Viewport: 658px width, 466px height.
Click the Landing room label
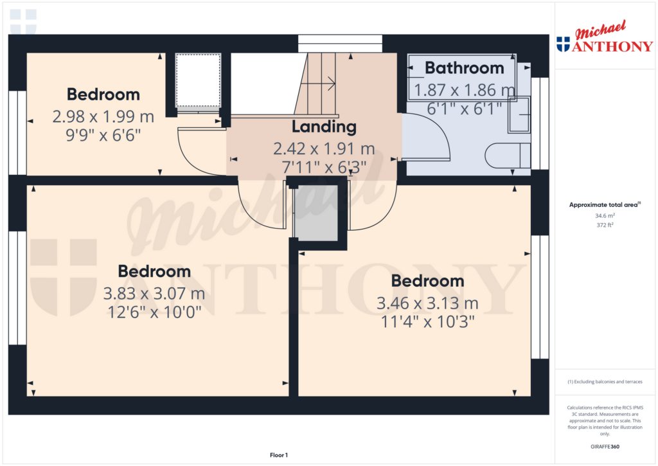click(324, 127)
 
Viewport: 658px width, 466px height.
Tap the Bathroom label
click(465, 68)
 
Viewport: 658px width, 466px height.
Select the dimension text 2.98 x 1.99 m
click(103, 117)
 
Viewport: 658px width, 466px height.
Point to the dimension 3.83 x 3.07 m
click(154, 294)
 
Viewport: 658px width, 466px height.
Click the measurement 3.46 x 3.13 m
click(427, 303)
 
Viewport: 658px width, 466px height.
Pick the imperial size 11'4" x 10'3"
click(427, 322)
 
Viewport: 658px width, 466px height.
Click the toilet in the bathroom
click(508, 156)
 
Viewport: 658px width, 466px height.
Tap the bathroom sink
click(519, 114)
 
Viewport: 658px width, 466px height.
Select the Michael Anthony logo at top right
click(605, 37)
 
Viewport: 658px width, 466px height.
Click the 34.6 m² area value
click(605, 216)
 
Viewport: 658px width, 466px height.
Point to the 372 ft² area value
click(605, 225)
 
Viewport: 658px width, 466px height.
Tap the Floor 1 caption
click(279, 455)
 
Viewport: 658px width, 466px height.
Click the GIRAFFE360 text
click(605, 447)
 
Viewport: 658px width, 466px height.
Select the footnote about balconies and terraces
click(605, 382)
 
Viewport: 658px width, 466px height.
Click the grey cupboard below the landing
click(316, 213)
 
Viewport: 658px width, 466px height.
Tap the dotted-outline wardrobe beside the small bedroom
click(198, 80)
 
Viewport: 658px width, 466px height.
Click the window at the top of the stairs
click(341, 44)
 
